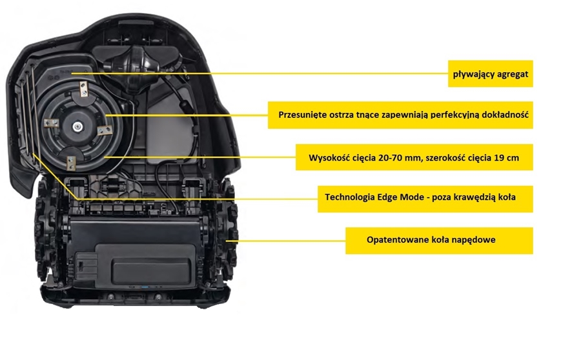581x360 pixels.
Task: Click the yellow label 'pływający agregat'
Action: (x=490, y=74)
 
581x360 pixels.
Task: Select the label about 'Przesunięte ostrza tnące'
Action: (x=400, y=115)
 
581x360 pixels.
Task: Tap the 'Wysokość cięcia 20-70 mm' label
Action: (x=414, y=157)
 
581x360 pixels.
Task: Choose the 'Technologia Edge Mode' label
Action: (x=425, y=199)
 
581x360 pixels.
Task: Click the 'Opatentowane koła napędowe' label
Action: (x=439, y=241)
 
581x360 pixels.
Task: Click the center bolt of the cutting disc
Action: (x=77, y=126)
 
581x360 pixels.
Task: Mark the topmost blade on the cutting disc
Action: (x=83, y=89)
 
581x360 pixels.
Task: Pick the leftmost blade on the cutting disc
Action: (x=51, y=123)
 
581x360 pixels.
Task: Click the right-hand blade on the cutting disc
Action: (x=105, y=130)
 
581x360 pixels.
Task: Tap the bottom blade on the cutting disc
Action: (x=71, y=163)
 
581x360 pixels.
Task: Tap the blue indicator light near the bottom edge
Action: (x=145, y=287)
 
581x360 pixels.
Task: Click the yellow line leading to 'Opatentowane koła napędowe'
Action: (x=286, y=241)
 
